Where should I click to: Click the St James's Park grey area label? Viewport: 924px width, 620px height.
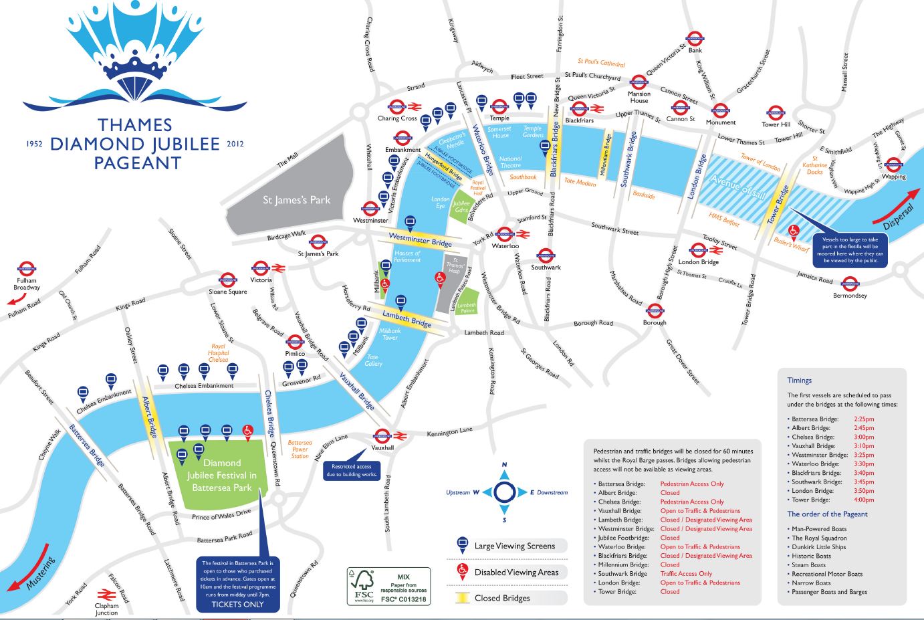point(296,200)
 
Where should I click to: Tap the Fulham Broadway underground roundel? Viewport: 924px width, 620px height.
point(27,267)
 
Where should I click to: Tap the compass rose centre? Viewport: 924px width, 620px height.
point(504,492)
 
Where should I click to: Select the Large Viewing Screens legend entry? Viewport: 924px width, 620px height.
point(514,546)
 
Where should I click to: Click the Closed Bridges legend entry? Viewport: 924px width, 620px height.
point(501,598)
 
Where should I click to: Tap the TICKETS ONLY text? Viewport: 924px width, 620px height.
point(237,604)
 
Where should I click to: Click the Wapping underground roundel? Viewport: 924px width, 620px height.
point(893,165)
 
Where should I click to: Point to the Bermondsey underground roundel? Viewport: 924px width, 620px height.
point(850,284)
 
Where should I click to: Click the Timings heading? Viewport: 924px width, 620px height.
point(799,380)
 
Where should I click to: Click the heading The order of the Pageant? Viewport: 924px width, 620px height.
point(827,514)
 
